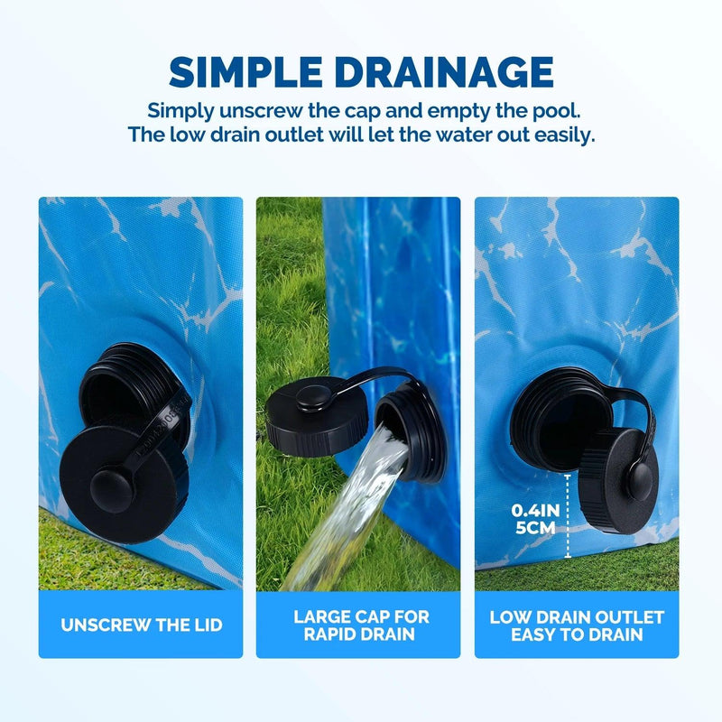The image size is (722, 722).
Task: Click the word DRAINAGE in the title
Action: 443,72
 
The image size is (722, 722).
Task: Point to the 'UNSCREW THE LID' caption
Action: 142,625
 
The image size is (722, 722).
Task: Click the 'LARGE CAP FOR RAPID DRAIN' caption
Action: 360,625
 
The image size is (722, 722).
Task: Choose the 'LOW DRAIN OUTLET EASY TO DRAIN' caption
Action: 577,625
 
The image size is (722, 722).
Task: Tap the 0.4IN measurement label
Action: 535,510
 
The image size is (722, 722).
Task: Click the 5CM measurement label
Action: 535,528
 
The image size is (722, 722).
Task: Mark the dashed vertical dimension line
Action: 568,516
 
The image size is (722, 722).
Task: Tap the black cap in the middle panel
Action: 317,416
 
